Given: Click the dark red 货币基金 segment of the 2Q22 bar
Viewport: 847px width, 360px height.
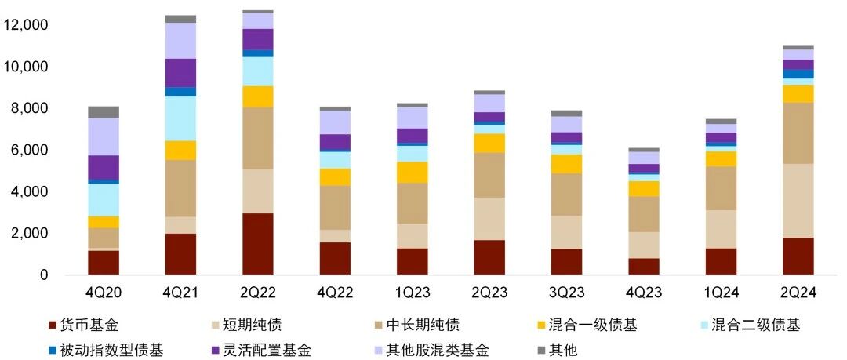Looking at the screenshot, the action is pyautogui.click(x=258, y=244).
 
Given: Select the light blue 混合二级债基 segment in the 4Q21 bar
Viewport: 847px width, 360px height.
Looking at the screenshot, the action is pyautogui.click(x=180, y=118).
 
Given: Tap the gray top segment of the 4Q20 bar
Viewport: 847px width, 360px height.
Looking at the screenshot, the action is pyautogui.click(x=104, y=112).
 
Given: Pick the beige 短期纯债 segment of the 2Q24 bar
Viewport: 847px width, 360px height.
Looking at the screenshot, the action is pyautogui.click(x=798, y=201).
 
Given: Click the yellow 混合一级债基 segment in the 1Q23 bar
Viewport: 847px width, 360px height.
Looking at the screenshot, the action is pyautogui.click(x=413, y=172).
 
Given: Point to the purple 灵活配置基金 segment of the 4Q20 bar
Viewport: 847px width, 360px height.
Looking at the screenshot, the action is pyautogui.click(x=104, y=168).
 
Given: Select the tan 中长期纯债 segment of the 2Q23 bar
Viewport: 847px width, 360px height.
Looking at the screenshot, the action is pyautogui.click(x=489, y=175).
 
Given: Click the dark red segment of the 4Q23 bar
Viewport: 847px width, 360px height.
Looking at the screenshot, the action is pyautogui.click(x=643, y=267).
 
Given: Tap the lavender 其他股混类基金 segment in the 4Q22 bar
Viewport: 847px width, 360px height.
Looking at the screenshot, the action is pyautogui.click(x=335, y=122).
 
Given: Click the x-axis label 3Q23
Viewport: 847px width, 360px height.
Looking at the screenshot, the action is pyautogui.click(x=566, y=293).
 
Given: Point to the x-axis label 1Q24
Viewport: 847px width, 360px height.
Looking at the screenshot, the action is pyautogui.click(x=721, y=293).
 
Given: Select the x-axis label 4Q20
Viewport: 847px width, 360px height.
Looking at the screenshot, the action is pyautogui.click(x=104, y=293).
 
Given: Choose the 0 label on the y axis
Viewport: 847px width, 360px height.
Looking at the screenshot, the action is pyautogui.click(x=44, y=275).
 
